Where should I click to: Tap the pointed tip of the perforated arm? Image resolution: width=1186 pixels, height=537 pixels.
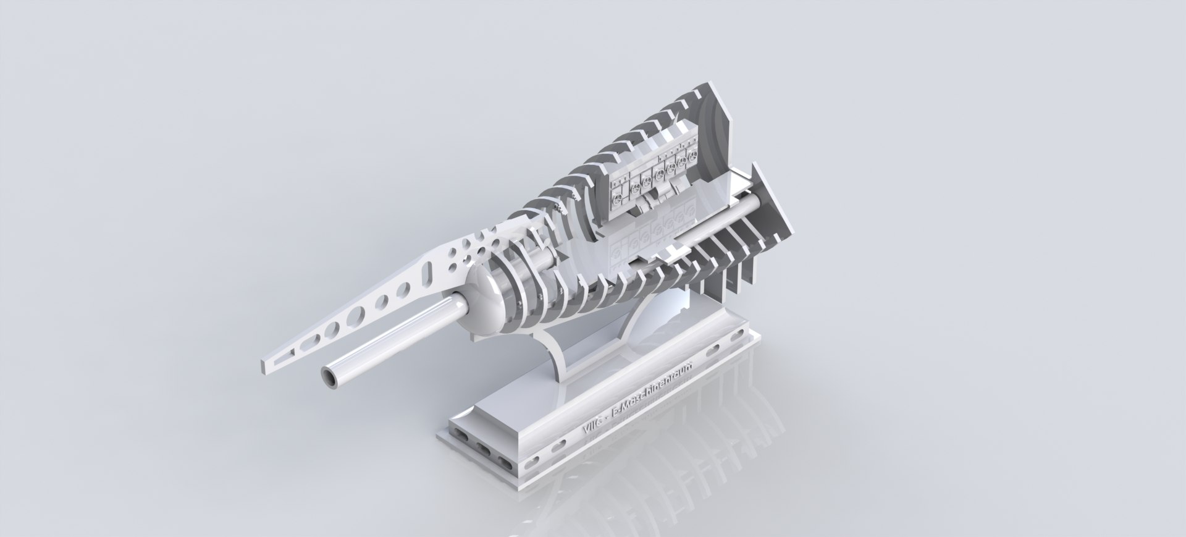pyautogui.click(x=265, y=358)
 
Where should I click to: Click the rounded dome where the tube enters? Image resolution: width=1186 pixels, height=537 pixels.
pyautogui.click(x=482, y=303)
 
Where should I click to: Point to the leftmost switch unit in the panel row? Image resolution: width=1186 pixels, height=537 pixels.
pyautogui.click(x=617, y=193)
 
